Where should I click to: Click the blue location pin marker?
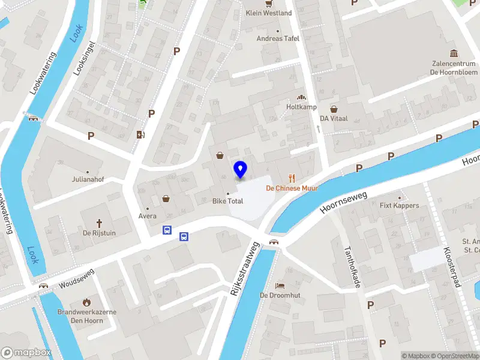coord(241,170)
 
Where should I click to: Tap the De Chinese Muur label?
coord(292,188)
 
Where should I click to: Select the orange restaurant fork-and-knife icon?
coord(292,177)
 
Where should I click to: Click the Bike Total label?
coord(227,201)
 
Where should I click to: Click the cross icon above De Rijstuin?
coord(100,222)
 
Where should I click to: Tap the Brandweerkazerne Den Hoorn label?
coord(87,316)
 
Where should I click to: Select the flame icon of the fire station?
coord(87,302)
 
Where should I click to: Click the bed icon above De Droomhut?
coord(279,286)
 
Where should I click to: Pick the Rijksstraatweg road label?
coord(243,268)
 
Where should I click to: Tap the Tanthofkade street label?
coord(350,266)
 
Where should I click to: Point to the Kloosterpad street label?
coord(450,267)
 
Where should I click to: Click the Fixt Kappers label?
coord(400,205)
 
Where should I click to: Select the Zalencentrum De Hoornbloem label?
coord(453,67)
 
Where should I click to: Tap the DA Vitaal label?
coord(334,119)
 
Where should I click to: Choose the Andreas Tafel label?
coord(278,38)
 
